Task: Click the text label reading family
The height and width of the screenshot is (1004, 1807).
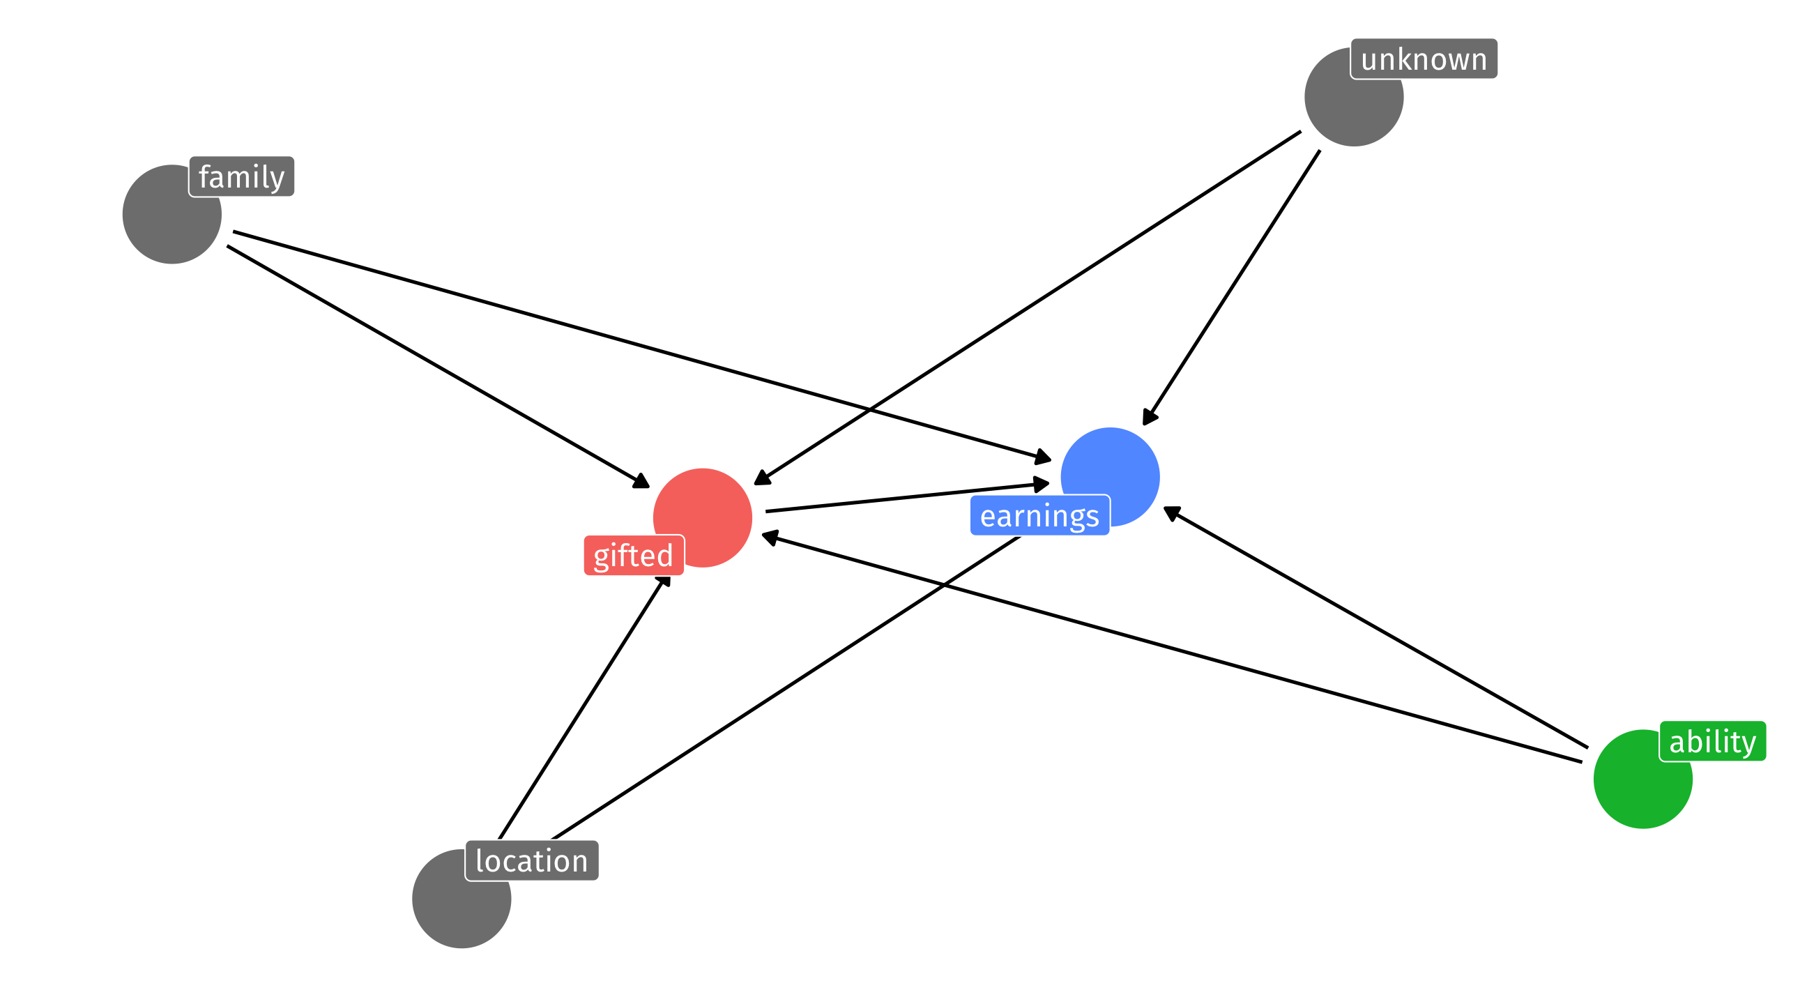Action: pos(241,177)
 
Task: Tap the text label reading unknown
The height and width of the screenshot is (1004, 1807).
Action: pos(1424,59)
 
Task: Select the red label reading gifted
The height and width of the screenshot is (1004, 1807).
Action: pos(634,556)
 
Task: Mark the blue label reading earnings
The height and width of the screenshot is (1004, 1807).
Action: pos(1039,516)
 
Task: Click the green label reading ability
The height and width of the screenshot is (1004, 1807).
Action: pos(1712,742)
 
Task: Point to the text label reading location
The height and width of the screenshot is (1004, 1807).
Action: pos(532,861)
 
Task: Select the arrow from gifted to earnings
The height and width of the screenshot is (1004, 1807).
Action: pos(905,496)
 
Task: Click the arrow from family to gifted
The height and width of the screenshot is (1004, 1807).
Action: pos(435,365)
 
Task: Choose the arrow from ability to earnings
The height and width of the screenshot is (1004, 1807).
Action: pos(1375,627)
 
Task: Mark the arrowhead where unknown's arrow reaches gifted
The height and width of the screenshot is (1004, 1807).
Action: pos(762,478)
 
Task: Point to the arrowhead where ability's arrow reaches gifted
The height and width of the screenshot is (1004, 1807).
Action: pos(770,538)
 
